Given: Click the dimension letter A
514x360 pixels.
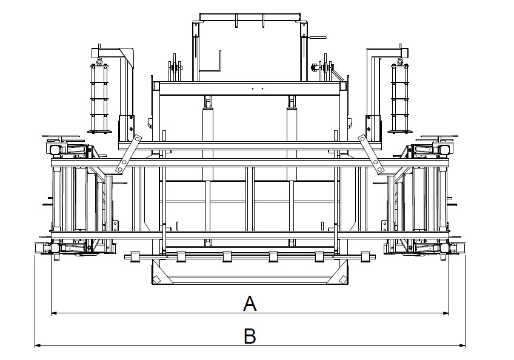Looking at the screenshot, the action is [250, 303].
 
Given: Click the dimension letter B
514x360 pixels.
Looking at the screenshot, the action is [250, 336].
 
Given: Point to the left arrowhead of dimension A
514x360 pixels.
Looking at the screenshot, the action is [55, 313].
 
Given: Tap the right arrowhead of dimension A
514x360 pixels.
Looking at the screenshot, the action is [446, 313].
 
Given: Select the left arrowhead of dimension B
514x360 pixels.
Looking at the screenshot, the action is [38, 345].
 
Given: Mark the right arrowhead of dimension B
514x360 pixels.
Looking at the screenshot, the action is [461, 345].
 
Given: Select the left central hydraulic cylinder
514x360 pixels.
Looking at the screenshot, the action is [207, 138].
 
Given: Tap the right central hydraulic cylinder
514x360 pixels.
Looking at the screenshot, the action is [292, 138].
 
